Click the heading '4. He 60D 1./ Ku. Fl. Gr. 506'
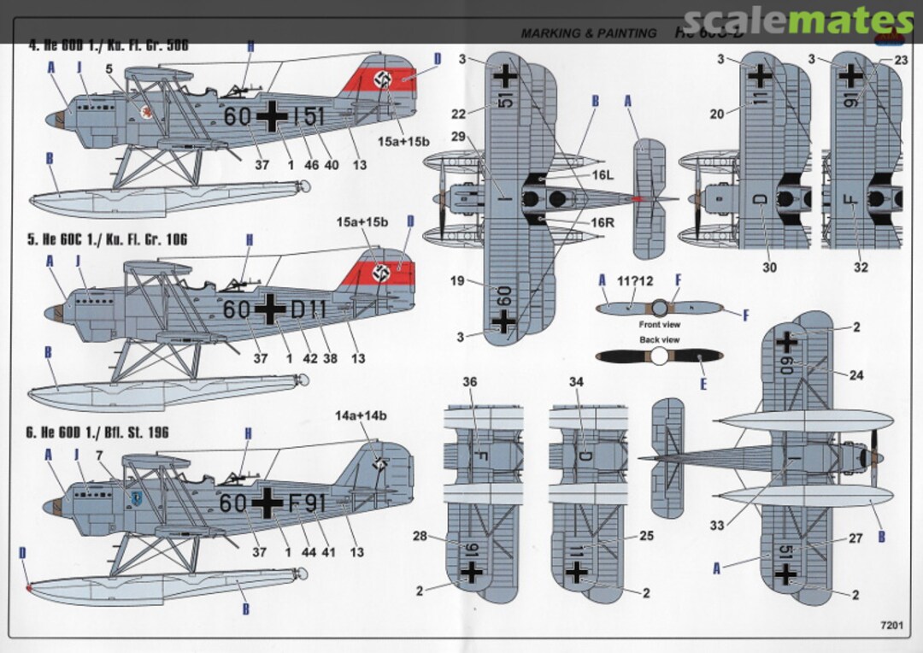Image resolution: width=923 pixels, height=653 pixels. [108, 44]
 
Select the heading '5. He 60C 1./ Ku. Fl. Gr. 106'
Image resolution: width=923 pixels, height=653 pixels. [108, 239]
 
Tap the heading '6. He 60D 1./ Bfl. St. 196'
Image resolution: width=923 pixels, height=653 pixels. [99, 432]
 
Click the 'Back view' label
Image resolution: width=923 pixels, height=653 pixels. [660, 340]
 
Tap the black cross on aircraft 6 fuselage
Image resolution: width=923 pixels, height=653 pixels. [267, 504]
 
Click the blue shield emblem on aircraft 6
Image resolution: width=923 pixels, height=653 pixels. [135, 497]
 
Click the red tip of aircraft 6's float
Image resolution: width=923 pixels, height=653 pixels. [30, 588]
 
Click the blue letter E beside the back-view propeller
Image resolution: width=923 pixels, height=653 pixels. [703, 385]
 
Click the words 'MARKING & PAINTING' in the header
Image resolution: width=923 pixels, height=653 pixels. [589, 33]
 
